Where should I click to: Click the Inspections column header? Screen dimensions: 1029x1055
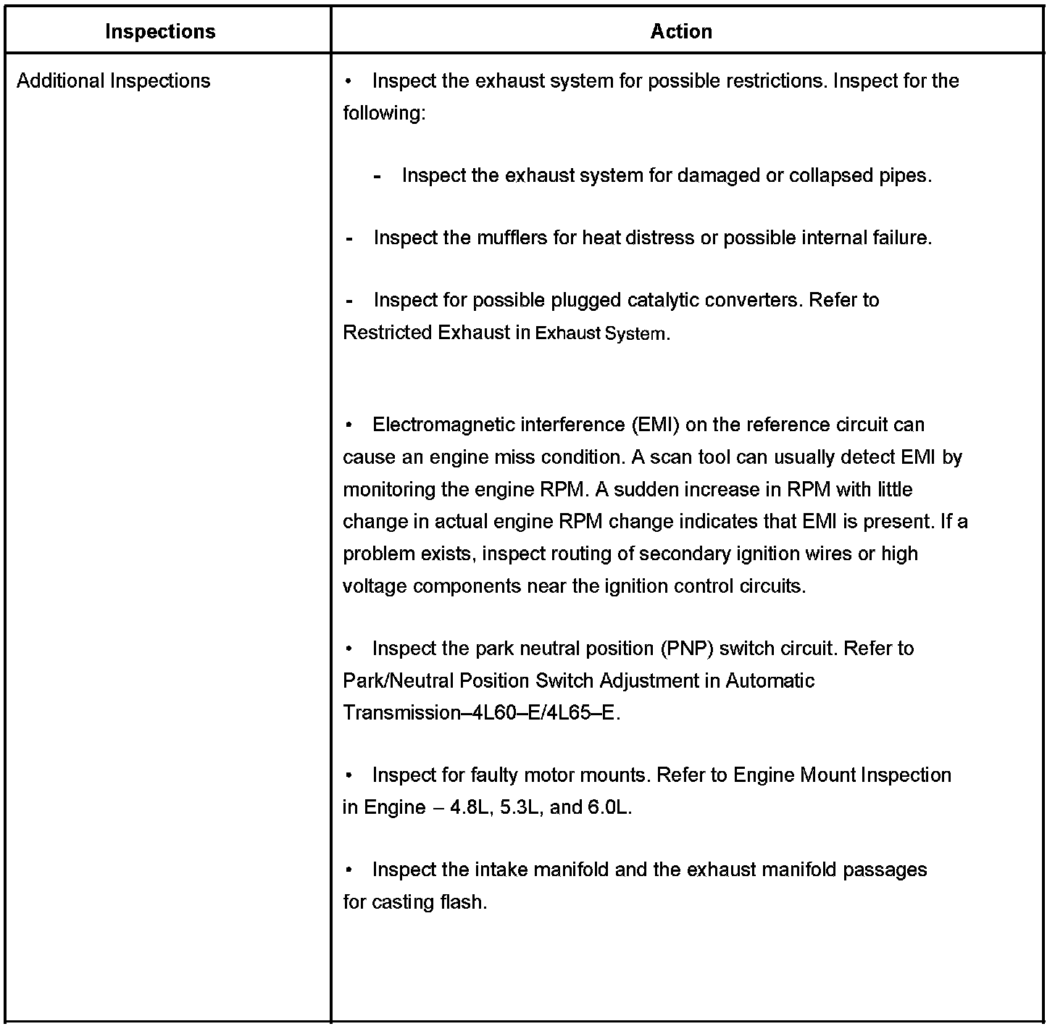click(x=160, y=31)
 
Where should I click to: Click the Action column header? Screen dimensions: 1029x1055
click(x=681, y=31)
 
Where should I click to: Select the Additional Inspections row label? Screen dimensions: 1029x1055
click(x=113, y=80)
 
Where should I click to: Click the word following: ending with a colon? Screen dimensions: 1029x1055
click(x=384, y=113)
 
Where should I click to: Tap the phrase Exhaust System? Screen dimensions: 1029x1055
click(x=601, y=333)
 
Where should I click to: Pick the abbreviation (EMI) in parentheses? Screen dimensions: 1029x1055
click(x=656, y=425)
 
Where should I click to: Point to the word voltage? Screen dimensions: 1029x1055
click(x=375, y=586)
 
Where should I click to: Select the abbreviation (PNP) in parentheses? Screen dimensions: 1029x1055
click(x=687, y=649)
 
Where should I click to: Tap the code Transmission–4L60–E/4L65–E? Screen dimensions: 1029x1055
click(x=481, y=713)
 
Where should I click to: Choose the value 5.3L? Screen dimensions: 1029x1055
click(x=522, y=807)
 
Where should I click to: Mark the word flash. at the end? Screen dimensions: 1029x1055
click(x=464, y=902)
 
